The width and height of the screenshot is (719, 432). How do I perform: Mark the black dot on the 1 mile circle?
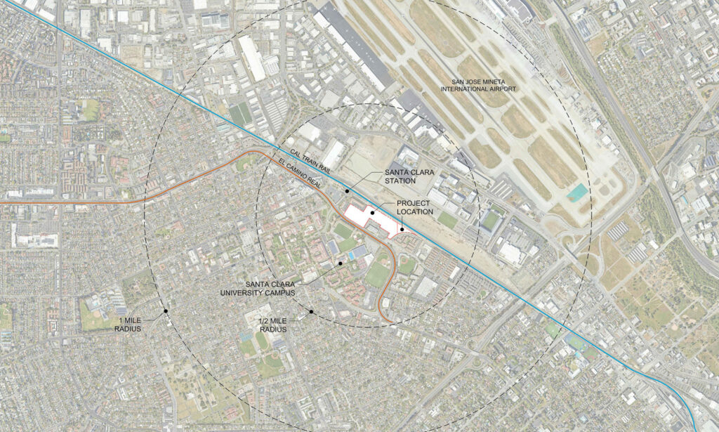coord(165,310)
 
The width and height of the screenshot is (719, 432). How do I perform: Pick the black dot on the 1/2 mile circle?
coord(310,311)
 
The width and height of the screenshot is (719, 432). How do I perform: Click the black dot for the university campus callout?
coord(341,263)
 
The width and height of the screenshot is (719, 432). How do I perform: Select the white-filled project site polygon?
coord(365,216)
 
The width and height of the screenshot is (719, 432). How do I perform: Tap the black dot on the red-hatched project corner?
coord(402,228)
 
